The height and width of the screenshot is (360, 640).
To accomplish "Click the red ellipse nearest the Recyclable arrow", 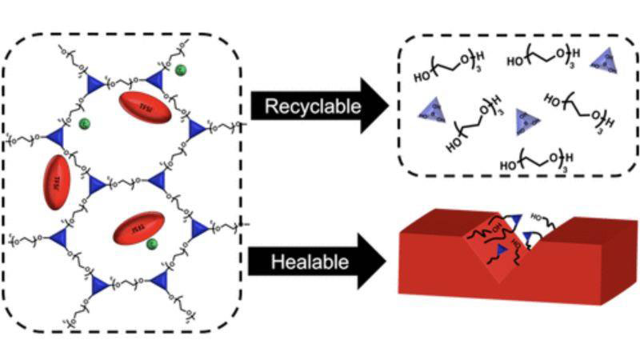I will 146,108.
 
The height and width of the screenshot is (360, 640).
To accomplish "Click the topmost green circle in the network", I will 182,69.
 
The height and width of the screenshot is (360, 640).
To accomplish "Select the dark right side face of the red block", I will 618,264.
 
